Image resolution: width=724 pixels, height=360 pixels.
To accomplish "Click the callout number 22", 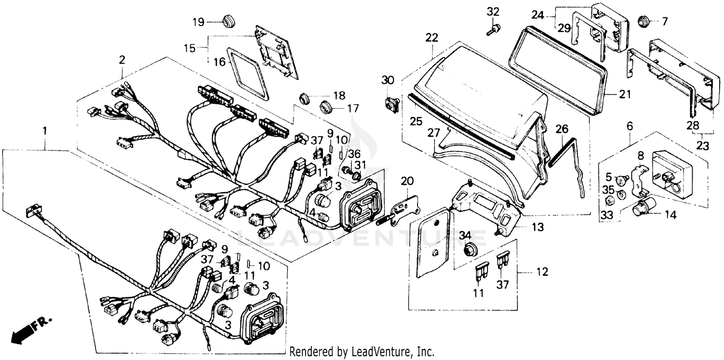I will click(432, 37).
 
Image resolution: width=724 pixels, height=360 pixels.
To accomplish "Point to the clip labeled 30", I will click(391, 104).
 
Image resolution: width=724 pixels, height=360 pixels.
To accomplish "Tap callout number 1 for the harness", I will click(45, 130).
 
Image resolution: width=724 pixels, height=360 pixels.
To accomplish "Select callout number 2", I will click(122, 60).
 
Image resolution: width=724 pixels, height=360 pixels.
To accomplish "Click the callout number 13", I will click(537, 226).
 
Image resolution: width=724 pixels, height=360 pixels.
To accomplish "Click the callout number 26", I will click(562, 129).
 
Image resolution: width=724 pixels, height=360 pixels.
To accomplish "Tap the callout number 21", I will click(625, 95).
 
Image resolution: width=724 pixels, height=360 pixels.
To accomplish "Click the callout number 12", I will click(542, 273).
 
